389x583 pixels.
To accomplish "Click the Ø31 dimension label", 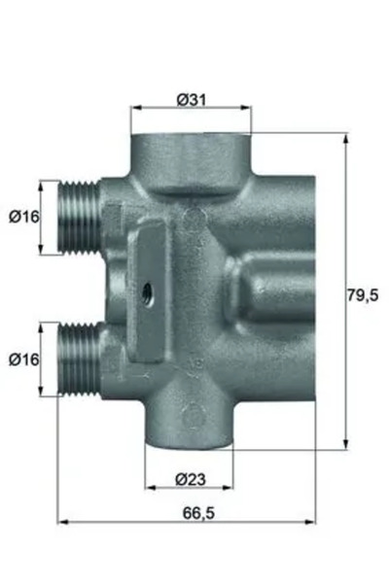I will pos(190,98).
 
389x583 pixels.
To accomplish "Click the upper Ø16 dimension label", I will pos(23,217).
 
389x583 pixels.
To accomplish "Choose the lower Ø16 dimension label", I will pos(23,360).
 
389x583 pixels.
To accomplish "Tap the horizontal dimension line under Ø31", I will pos(191,109).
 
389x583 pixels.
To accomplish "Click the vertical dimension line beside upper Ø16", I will pos(41,217).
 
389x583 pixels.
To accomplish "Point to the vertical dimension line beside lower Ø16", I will pos(41,360).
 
